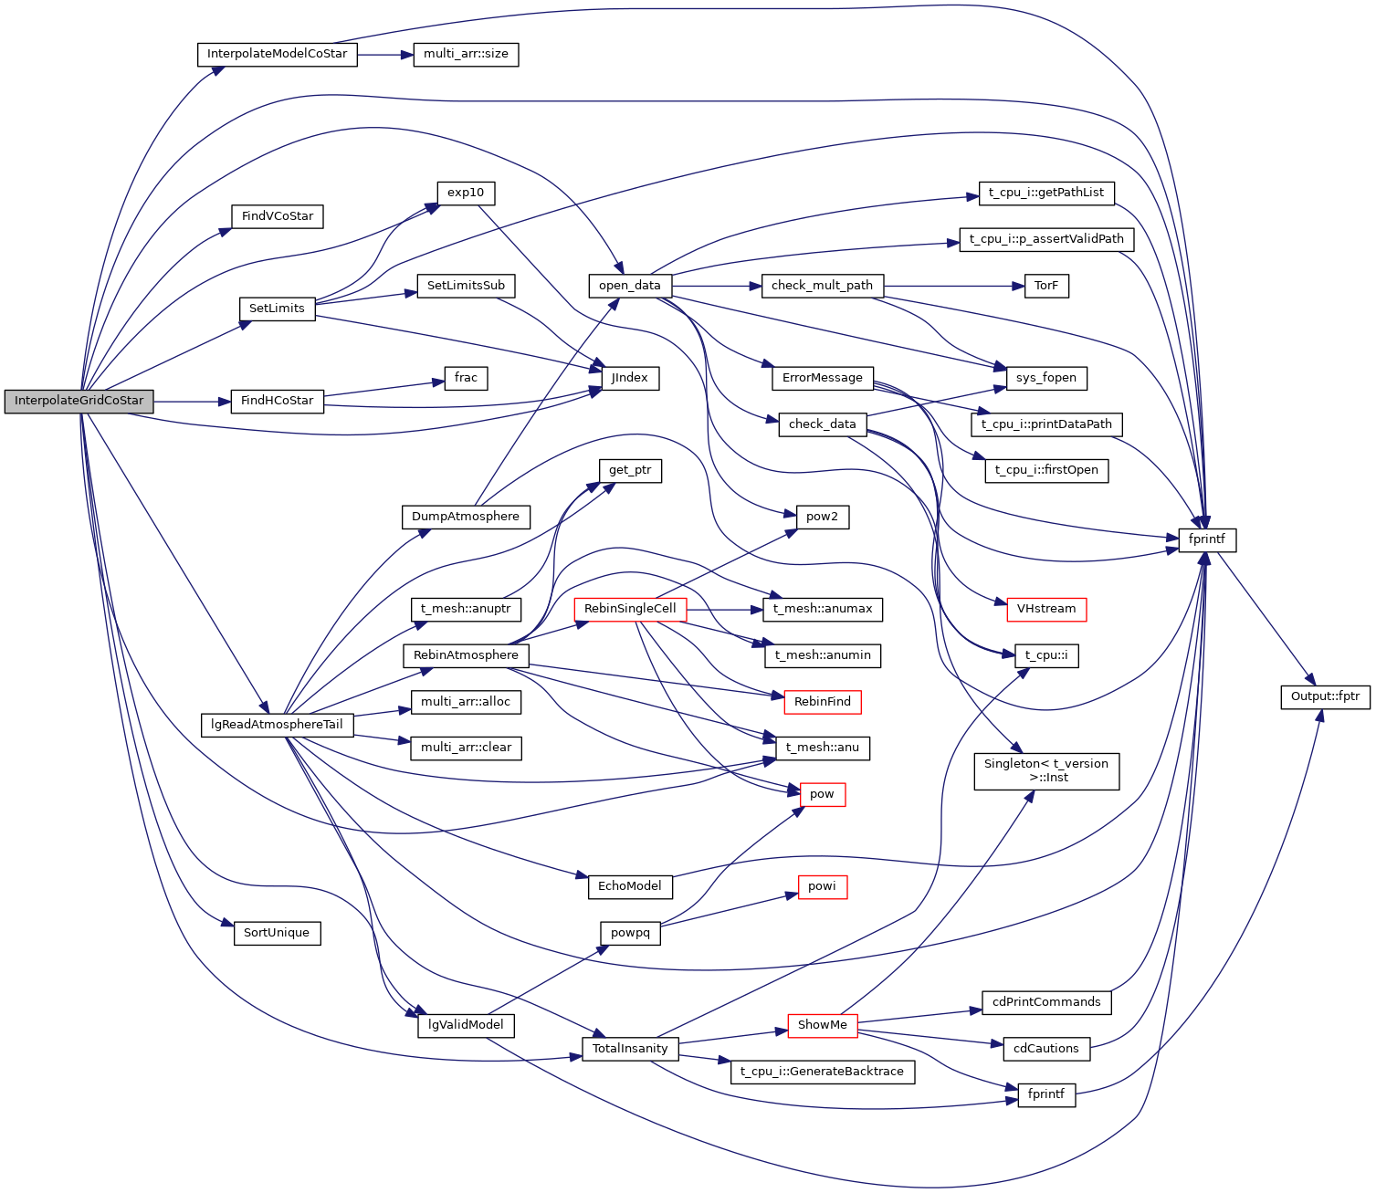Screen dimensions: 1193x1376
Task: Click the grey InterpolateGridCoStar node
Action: (x=79, y=401)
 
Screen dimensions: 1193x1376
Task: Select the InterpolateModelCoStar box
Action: (x=277, y=54)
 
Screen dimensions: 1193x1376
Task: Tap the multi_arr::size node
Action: (x=466, y=54)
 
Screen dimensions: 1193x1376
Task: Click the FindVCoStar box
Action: (x=278, y=216)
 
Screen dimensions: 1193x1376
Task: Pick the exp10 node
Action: (x=466, y=194)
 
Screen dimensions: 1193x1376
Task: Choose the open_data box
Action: (x=630, y=286)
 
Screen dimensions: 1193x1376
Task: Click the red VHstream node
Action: (x=1046, y=609)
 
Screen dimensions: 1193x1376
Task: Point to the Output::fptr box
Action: (x=1325, y=696)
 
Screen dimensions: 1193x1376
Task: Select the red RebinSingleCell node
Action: (x=630, y=609)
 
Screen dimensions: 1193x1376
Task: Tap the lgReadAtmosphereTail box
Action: (x=277, y=725)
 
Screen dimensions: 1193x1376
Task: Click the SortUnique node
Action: (x=277, y=933)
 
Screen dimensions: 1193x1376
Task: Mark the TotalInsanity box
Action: (x=630, y=1049)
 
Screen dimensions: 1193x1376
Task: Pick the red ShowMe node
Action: (x=822, y=1025)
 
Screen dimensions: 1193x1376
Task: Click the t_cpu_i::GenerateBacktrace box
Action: (x=822, y=1072)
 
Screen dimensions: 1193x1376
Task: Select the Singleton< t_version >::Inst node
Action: (x=1046, y=770)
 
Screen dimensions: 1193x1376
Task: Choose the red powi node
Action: (x=822, y=886)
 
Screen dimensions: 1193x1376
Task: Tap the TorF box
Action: (x=1046, y=286)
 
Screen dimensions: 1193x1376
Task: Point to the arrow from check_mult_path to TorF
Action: (x=950, y=286)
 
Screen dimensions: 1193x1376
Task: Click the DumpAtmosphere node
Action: (x=466, y=517)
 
